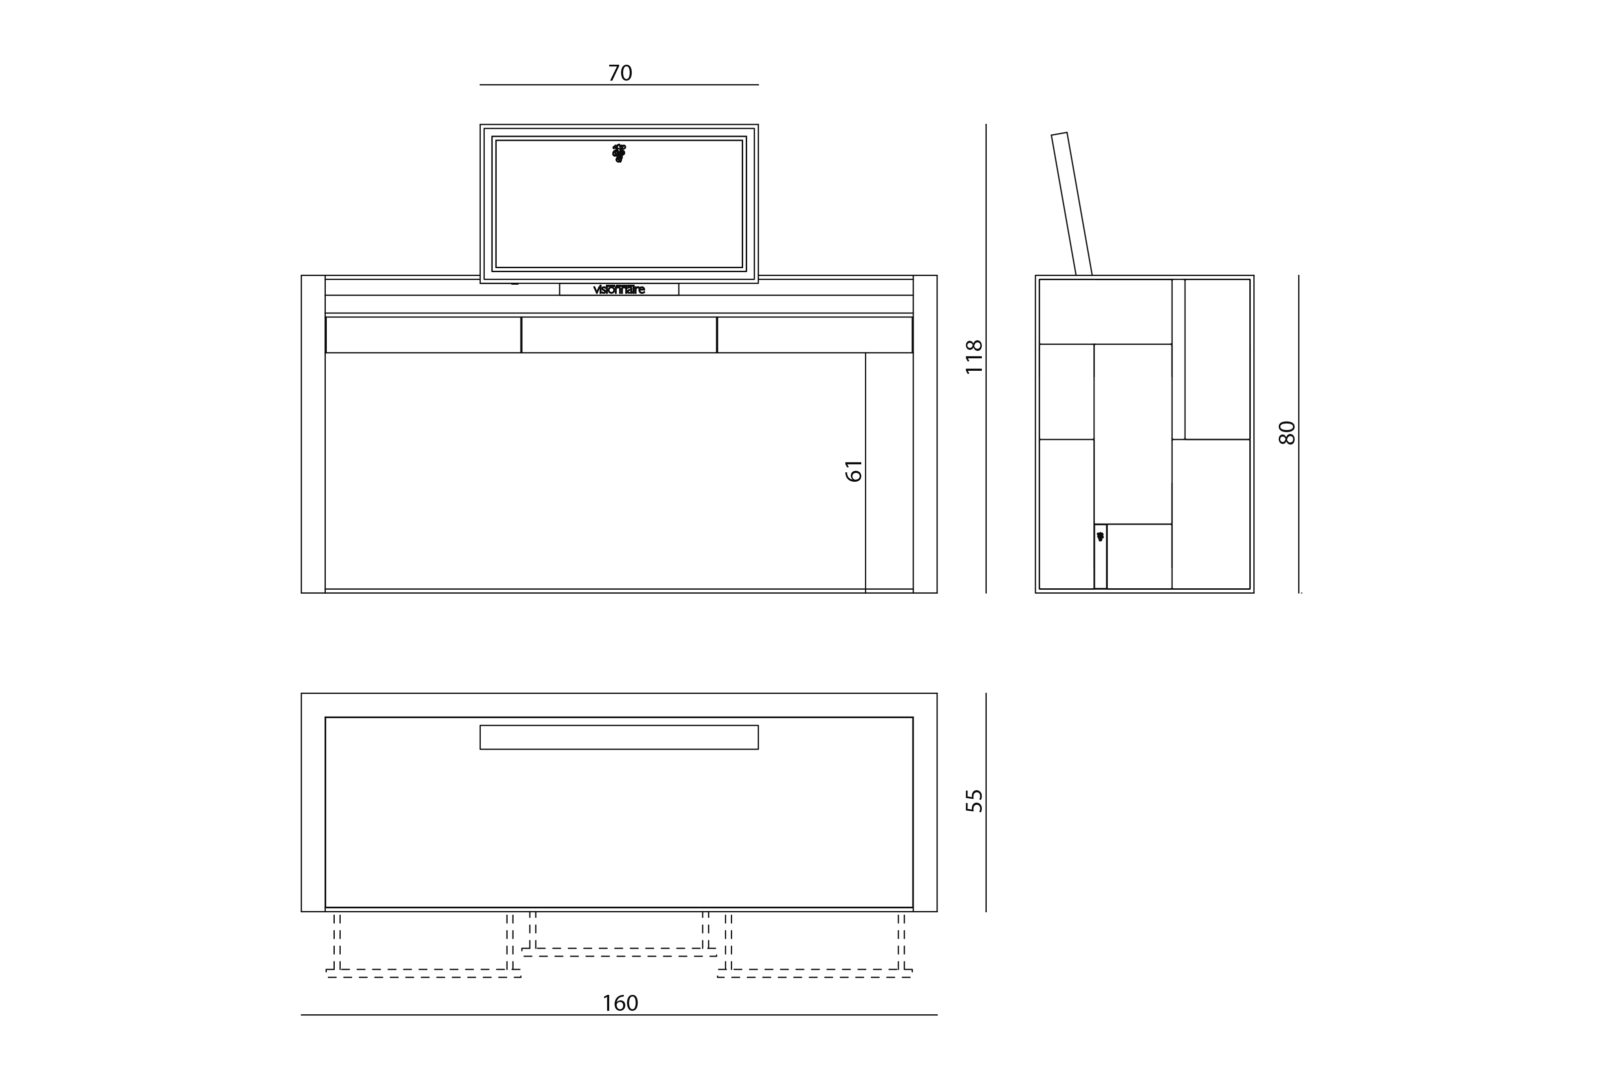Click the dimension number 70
click(x=620, y=73)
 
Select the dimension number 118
click(x=974, y=356)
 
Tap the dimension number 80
click(x=1287, y=432)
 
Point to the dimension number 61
click(x=853, y=471)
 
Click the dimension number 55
click(x=974, y=801)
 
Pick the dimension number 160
click(x=620, y=1003)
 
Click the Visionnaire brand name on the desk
click(x=619, y=289)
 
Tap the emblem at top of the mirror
click(x=619, y=153)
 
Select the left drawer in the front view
click(x=423, y=334)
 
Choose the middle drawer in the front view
click(x=619, y=334)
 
